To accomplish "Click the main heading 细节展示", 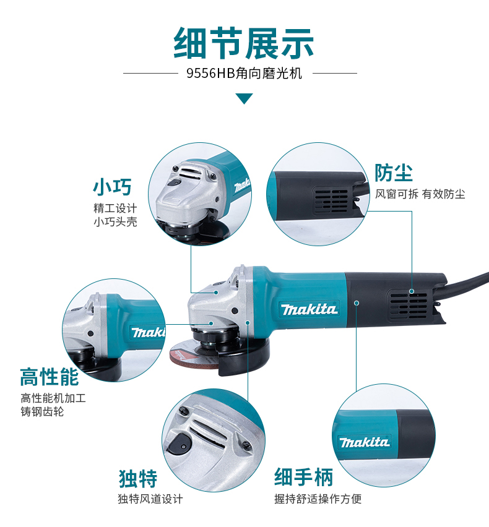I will click(x=244, y=43).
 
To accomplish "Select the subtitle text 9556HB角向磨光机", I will click(x=244, y=74).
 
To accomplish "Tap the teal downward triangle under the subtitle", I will click(x=244, y=98).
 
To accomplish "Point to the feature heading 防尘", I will click(x=394, y=173).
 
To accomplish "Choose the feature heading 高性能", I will click(x=50, y=376).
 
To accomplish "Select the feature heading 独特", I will click(x=137, y=478).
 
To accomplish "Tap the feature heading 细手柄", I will click(x=303, y=478).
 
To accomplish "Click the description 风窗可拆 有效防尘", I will click(x=420, y=194).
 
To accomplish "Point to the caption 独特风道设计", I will click(x=150, y=499).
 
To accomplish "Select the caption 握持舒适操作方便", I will click(x=318, y=499).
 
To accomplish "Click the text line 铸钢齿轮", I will click(x=42, y=411).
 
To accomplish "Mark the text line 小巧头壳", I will click(x=115, y=221).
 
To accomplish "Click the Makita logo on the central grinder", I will click(x=308, y=309).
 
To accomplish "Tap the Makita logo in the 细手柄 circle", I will click(x=364, y=442).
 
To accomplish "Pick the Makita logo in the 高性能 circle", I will click(x=148, y=332).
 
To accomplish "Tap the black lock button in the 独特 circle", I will click(x=180, y=442).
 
